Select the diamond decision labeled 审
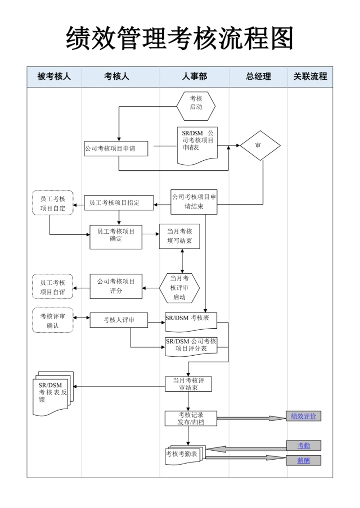[260, 145]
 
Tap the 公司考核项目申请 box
[116, 148]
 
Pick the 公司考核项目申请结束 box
[194, 201]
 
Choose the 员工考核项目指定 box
[118, 202]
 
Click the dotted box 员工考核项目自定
[52, 203]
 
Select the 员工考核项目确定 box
[116, 237]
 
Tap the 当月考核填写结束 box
[179, 237]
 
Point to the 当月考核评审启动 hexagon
[179, 288]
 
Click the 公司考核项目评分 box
[116, 286]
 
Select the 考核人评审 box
[118, 320]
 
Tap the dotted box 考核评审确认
[52, 320]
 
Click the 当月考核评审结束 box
[188, 384]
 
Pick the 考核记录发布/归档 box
[184, 418]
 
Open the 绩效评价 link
[303, 416]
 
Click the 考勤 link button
[303, 445]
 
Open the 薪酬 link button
[303, 460]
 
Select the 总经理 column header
[258, 76]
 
